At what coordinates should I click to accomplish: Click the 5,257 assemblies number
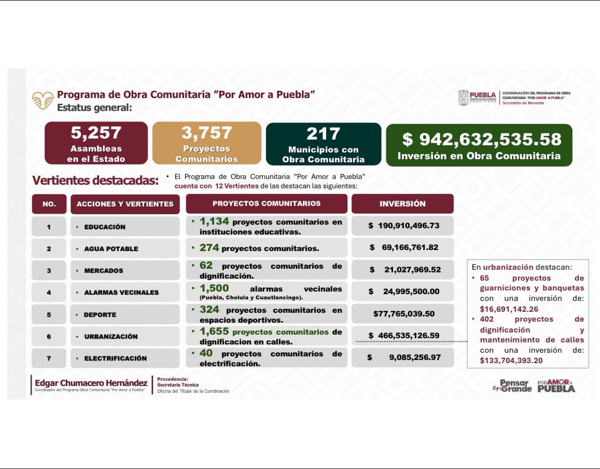tap(96, 134)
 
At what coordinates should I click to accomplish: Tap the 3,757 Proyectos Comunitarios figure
tap(207, 133)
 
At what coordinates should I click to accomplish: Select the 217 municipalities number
tap(323, 134)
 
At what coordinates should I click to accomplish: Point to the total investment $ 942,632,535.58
tap(482, 139)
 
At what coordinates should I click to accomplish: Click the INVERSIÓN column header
tap(402, 204)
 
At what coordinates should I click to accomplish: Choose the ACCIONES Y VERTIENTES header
tap(125, 204)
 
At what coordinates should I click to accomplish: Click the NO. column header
tap(49, 204)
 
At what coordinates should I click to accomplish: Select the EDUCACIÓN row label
tap(105, 227)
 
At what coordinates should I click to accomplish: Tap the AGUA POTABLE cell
tap(111, 249)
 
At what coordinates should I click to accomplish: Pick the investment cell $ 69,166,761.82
tap(403, 247)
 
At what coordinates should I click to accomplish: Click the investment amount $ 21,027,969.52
tap(404, 270)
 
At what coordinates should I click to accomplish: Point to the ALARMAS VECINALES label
tap(121, 292)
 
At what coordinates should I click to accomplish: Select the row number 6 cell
tap(49, 336)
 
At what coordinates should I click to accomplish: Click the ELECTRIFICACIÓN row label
tap(115, 358)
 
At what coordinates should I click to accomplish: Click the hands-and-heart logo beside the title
tap(43, 100)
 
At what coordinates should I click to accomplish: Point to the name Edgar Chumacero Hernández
tap(91, 383)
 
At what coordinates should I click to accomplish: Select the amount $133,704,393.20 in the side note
tap(511, 361)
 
